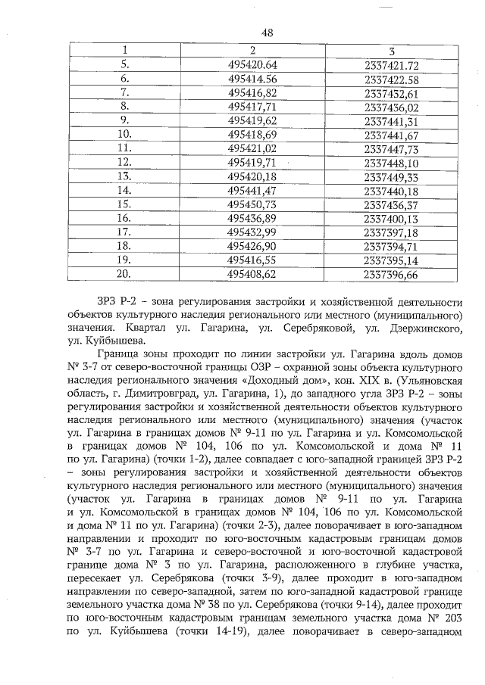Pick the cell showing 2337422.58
(x=391, y=79)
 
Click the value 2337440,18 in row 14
(x=391, y=190)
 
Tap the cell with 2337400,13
(x=391, y=218)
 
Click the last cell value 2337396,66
(x=391, y=274)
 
